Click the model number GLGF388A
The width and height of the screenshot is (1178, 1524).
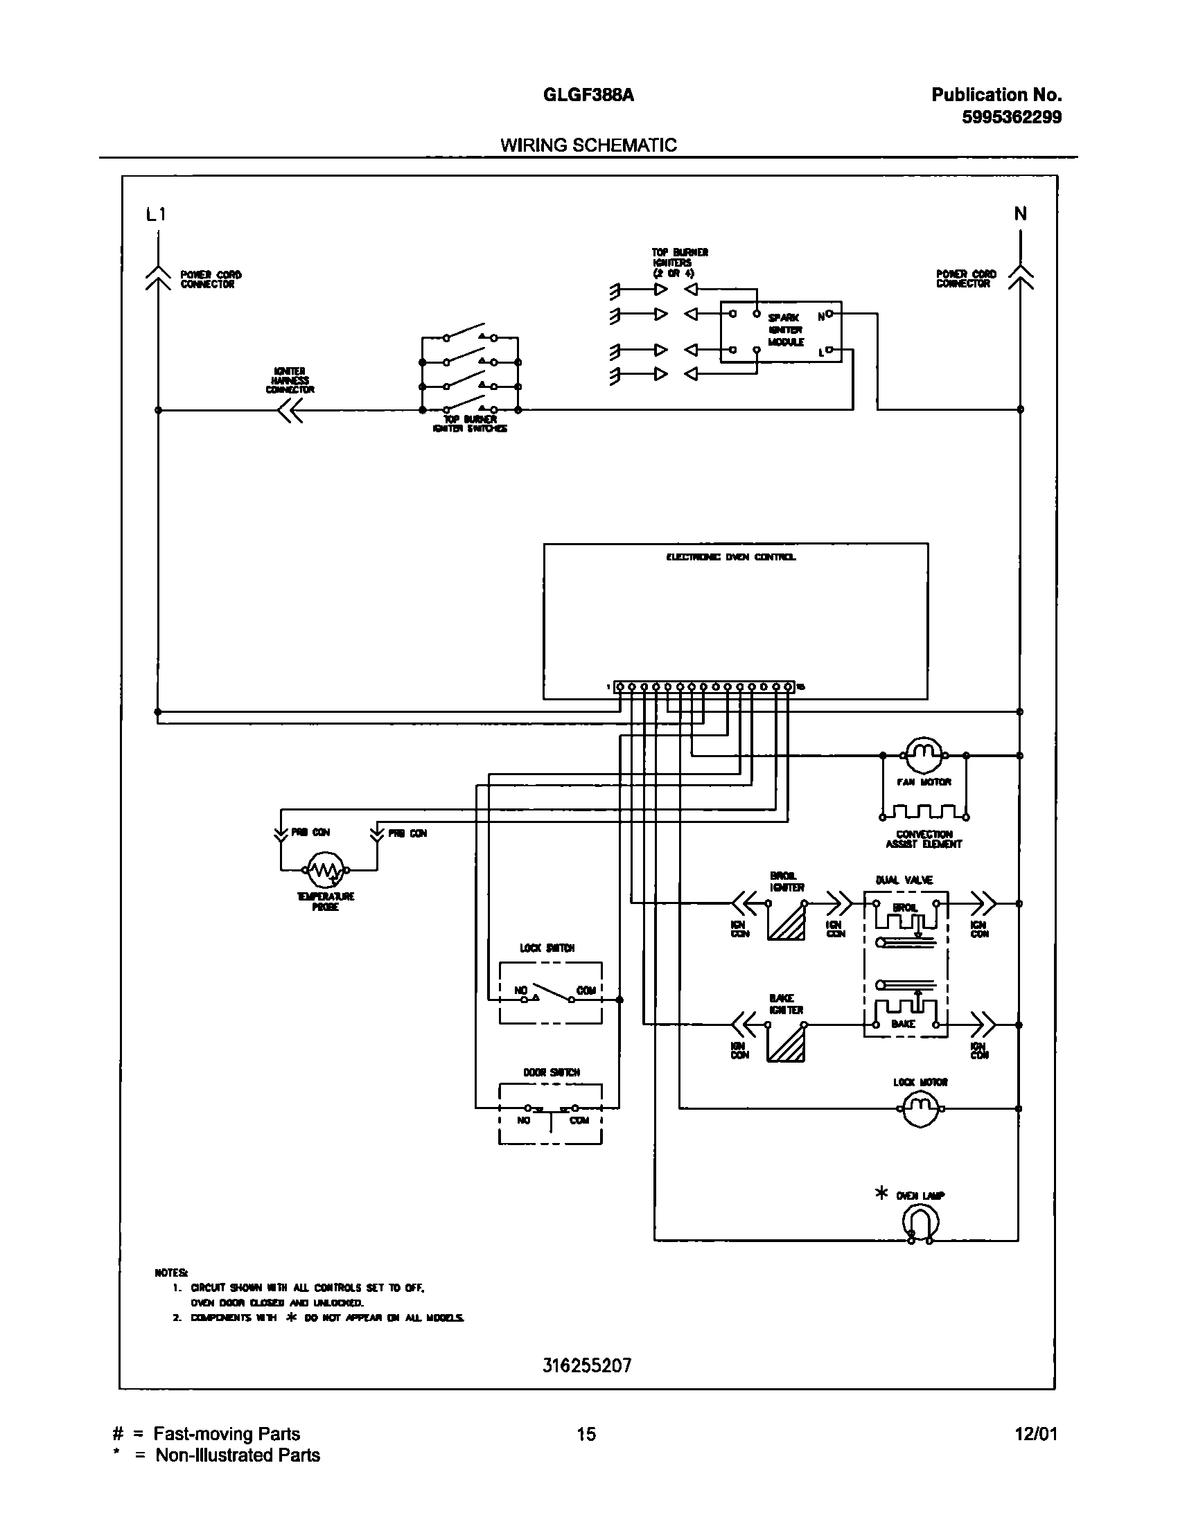point(588,95)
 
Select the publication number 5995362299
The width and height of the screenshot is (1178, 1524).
point(1011,117)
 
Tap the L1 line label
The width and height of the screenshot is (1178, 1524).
point(156,214)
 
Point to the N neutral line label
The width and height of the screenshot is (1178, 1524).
point(1020,213)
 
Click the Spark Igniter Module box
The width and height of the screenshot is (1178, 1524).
point(780,331)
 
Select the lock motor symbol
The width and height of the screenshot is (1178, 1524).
point(922,1108)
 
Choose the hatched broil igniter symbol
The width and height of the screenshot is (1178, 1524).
point(786,921)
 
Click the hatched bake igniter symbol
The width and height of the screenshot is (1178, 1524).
point(786,1043)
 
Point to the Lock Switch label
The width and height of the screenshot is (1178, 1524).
point(547,948)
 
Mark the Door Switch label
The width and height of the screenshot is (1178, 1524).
point(552,1072)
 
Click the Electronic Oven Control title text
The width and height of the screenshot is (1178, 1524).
point(730,557)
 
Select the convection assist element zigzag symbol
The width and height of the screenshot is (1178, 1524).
point(924,813)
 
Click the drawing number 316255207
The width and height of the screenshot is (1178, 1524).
point(587,1365)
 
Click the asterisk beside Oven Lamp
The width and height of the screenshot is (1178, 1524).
point(881,1194)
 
